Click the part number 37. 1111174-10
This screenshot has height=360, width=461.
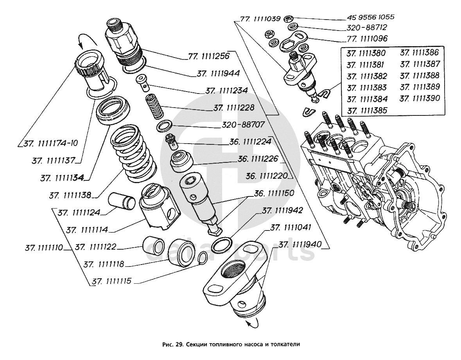tap(50, 144)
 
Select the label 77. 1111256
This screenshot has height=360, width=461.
tap(208, 56)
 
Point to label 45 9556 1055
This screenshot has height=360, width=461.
tap(370, 18)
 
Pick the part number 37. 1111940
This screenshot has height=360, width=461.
tap(300, 245)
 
